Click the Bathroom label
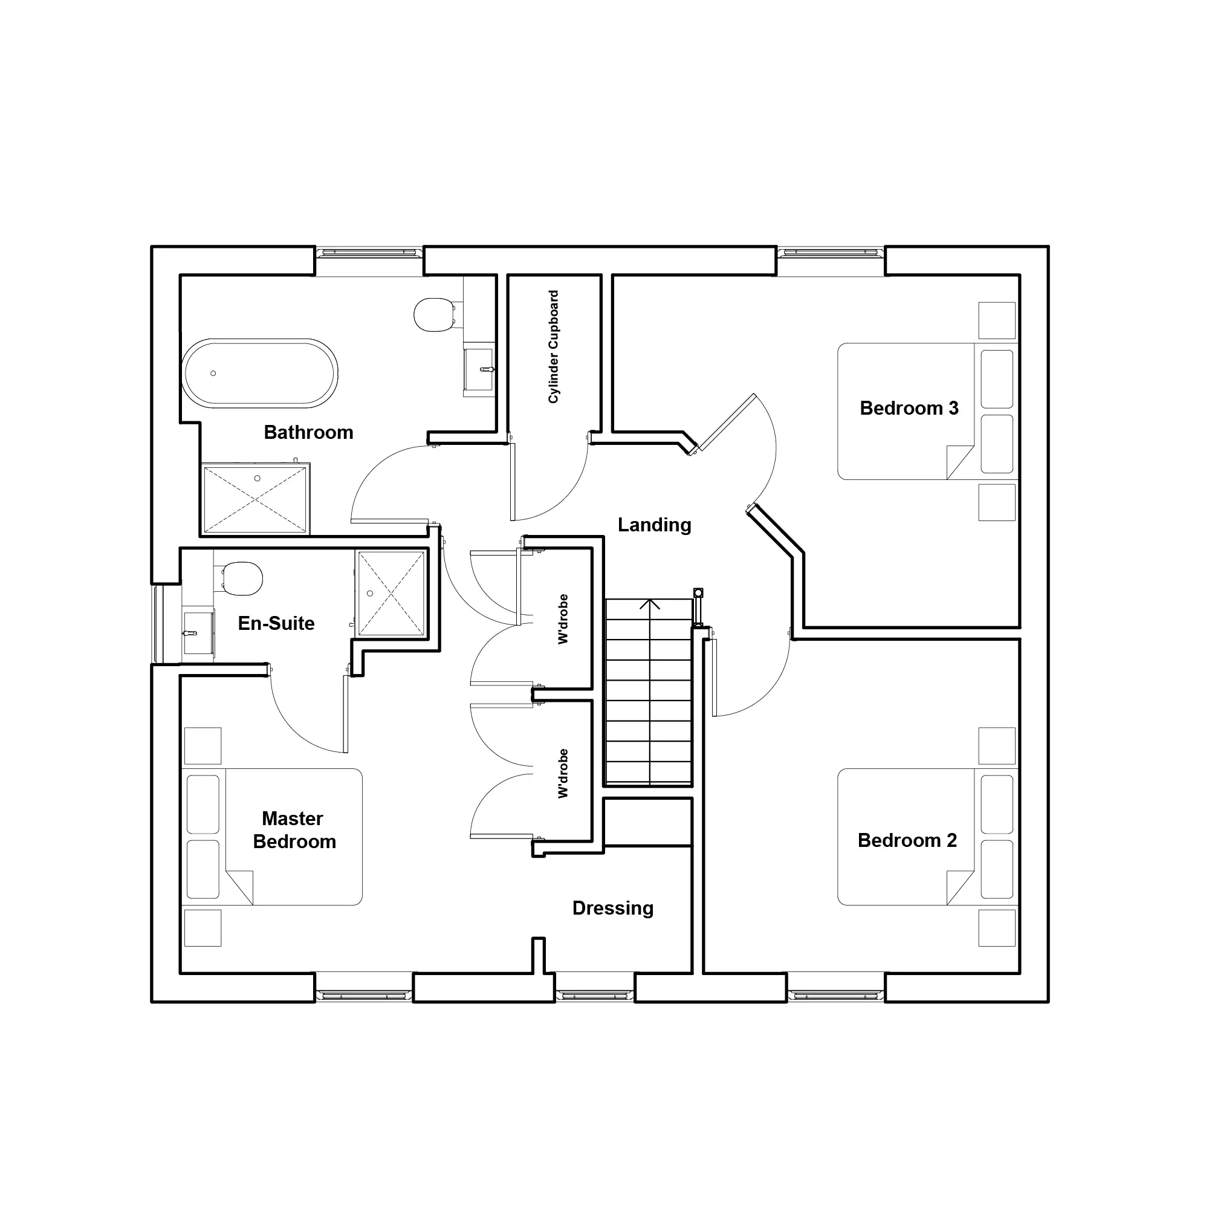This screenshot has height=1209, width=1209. coord(308,432)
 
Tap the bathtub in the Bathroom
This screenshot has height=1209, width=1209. coord(260,374)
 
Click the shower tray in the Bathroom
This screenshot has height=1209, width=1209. coord(255,500)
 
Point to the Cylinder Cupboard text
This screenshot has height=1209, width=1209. coord(553,346)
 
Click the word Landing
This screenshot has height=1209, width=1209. coord(655,525)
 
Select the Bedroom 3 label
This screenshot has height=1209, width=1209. coord(909,408)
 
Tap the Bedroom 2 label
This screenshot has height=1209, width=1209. coord(907,840)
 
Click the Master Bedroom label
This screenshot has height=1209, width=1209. coord(294,830)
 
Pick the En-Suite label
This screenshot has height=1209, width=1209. coord(276,623)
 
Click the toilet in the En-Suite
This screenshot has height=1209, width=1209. coord(241,579)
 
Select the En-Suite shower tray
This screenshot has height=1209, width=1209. coord(391,593)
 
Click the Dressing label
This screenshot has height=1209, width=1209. coord(613,908)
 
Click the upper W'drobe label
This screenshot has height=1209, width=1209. coord(563,619)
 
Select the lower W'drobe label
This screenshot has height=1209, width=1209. coord(563,774)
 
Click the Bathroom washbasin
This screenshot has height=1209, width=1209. coord(479,369)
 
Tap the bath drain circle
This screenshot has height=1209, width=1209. coord(213,374)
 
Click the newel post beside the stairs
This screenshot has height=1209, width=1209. coord(698,592)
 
